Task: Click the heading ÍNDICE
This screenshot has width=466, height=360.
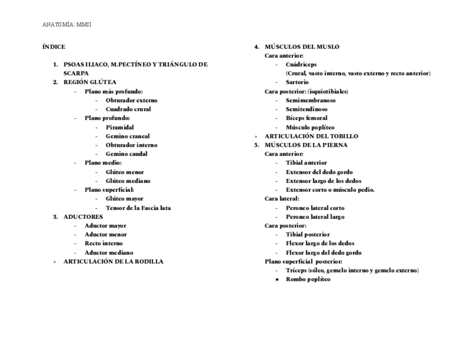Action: coord(54,47)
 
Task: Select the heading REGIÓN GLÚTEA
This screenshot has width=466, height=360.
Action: coord(90,82)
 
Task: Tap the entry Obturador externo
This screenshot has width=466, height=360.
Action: coord(131,101)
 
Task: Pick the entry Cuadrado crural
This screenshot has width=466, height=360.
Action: coord(128,109)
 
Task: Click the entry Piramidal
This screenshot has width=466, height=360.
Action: coord(120,127)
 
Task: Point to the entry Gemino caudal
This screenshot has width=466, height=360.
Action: coord(126,154)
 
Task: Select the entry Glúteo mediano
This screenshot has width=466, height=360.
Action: coord(128,181)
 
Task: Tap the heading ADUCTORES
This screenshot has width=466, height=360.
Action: coord(83,217)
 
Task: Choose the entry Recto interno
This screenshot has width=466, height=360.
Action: coord(103,243)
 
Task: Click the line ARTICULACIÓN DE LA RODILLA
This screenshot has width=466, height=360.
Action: coord(113,262)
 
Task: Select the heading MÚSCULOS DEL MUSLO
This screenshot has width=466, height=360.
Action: coord(302,47)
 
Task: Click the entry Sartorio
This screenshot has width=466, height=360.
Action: coord(297,82)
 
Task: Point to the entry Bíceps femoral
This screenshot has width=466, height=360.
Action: coord(307,118)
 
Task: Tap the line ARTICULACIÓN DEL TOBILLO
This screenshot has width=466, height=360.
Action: coord(311,136)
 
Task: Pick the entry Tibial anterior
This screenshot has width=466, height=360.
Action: coord(306,163)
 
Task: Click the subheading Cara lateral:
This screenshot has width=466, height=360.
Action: coord(282,198)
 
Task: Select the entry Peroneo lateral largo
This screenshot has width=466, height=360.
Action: coord(315,217)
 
